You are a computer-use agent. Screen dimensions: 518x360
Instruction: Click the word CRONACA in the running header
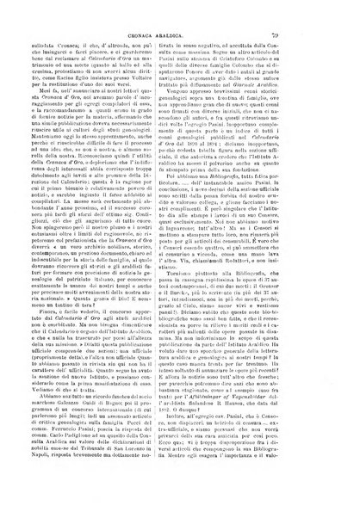232,12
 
